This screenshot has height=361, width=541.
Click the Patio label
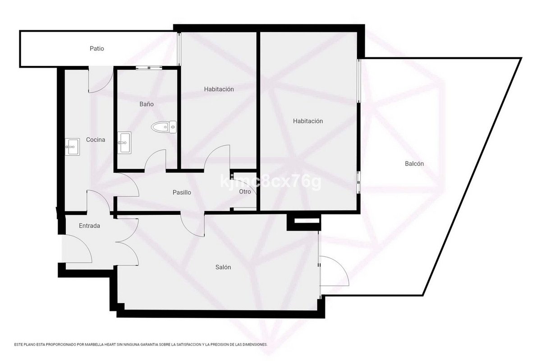[97, 49]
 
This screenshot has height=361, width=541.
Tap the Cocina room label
[96, 140]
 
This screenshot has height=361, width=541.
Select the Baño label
[147, 104]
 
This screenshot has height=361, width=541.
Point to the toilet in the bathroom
[164, 127]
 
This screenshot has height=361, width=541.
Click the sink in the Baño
[124, 143]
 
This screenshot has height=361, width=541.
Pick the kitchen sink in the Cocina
[73, 147]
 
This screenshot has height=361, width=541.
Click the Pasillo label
[182, 193]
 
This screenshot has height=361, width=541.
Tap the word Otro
[245, 192]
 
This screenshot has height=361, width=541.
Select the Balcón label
[414, 164]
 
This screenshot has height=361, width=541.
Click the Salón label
[223, 267]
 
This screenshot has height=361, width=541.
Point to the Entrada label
[89, 226]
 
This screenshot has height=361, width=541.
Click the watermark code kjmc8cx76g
[271, 181]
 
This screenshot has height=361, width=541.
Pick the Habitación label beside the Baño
[219, 89]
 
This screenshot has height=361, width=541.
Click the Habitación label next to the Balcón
[308, 121]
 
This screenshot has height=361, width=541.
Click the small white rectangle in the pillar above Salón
[306, 221]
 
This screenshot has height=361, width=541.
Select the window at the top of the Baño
[149, 68]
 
